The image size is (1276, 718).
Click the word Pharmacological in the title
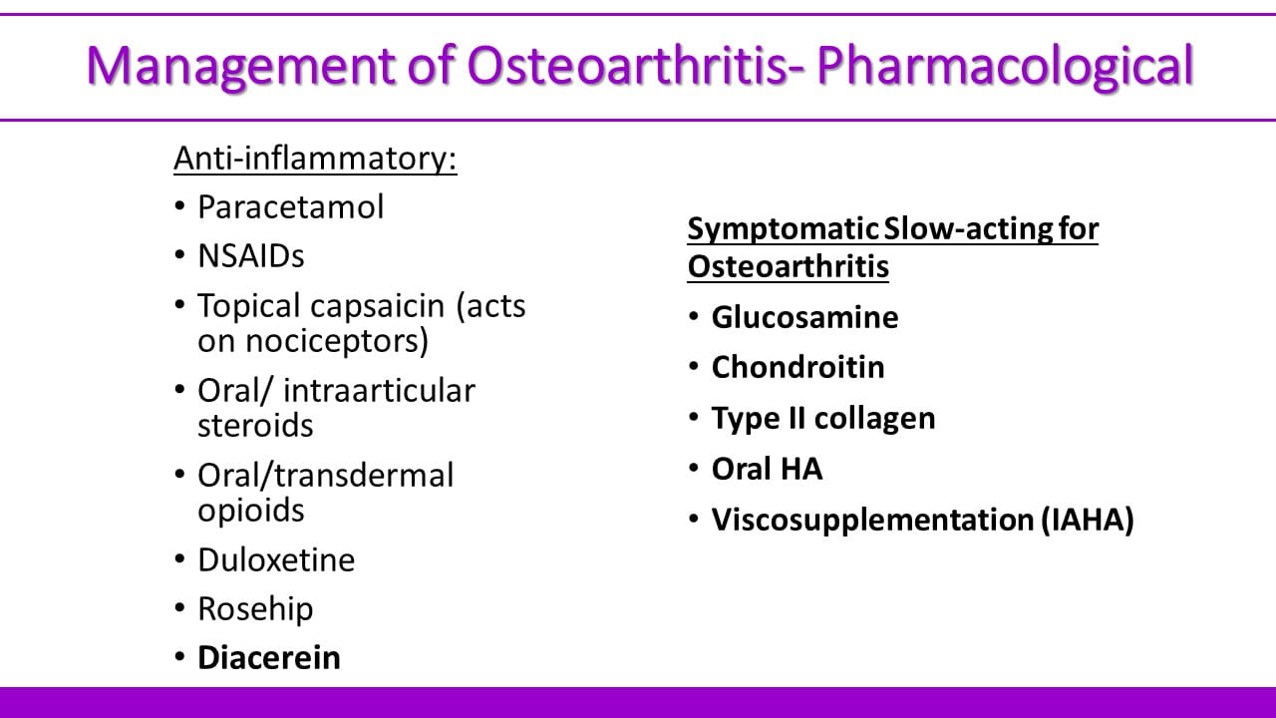pos(1004,67)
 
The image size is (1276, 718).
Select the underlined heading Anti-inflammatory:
pos(315,159)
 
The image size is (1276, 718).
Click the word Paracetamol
pos(290,206)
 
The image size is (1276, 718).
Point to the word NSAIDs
pos(251,256)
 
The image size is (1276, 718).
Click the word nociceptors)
pos(337,342)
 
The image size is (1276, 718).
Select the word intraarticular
pos(379,390)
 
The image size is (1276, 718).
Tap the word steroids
pos(255,425)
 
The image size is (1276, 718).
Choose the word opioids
pos(250,511)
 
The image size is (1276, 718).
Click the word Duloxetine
pos(276,559)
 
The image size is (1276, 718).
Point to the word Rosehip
pos(255,609)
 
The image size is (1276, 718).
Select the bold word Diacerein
pos(269,657)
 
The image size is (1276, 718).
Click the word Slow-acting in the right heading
pos(967,229)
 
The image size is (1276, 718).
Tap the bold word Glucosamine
pos(804,317)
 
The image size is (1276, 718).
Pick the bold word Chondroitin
pos(798,367)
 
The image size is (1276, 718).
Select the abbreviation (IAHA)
pos(1088,520)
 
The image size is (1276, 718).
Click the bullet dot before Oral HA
pos(693,468)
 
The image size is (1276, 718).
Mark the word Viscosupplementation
pos(872,521)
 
